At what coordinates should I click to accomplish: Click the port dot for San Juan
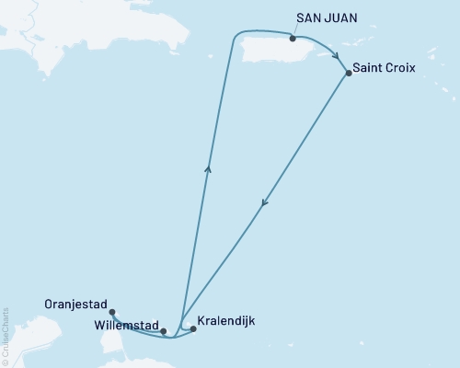(293, 39)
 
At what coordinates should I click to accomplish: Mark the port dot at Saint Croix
(348, 73)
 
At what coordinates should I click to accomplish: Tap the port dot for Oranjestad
(112, 313)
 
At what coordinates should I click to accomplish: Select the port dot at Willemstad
(163, 331)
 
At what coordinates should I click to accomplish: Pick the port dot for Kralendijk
(193, 328)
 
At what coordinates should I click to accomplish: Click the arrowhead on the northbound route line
(209, 167)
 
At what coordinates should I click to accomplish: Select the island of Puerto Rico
(267, 50)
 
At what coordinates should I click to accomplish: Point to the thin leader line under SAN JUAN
(295, 31)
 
